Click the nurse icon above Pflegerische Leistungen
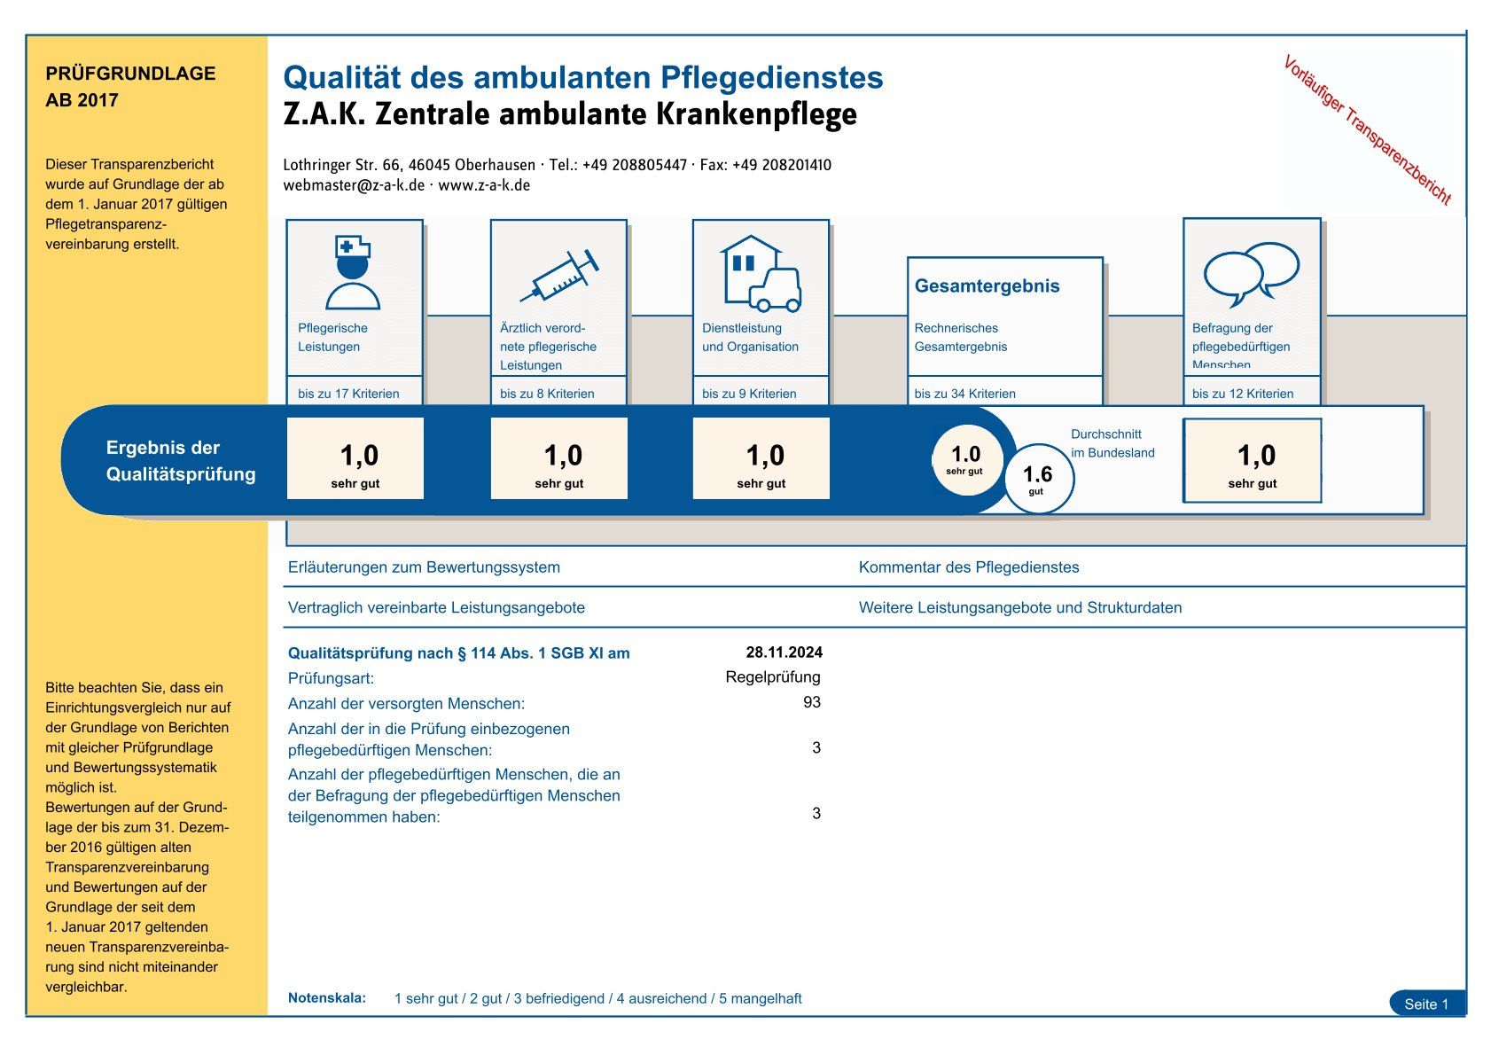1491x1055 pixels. coord(353,271)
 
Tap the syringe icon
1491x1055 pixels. coord(559,276)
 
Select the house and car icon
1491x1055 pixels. coord(761,273)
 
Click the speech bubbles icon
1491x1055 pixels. coord(1251,271)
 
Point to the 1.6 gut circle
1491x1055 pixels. coord(1037,478)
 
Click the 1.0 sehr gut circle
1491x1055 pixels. coord(965,459)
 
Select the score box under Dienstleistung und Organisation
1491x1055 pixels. coord(761,459)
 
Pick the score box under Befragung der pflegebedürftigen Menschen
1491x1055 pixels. coord(1253,461)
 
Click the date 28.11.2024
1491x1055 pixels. coord(784,653)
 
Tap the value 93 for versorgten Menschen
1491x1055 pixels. coord(811,702)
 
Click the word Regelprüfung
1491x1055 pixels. coord(773,677)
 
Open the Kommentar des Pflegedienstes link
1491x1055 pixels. coord(968,567)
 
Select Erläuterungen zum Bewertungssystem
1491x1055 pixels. coord(424,567)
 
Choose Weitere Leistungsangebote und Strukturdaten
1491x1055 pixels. coord(1019,608)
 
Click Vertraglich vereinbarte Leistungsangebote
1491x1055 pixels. coord(436,608)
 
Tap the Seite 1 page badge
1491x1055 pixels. coord(1426,1004)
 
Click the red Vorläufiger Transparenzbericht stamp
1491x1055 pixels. coord(1367,129)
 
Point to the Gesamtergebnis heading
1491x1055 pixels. coord(987,286)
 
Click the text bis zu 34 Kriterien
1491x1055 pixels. coord(964,394)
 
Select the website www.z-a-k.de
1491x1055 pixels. coord(484,185)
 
